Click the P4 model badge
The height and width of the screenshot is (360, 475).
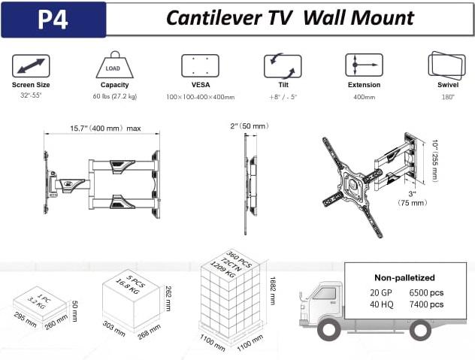pos(53,20)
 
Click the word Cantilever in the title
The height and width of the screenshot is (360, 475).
pos(214,18)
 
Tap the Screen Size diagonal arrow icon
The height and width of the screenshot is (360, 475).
pos(31,65)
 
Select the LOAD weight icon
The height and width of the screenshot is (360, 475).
pos(114,65)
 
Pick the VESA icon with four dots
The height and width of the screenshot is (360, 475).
pos(200,65)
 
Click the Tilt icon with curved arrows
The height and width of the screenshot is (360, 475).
pos(283,66)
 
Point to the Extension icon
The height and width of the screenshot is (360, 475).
pos(364,65)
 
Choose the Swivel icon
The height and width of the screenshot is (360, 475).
pos(447,65)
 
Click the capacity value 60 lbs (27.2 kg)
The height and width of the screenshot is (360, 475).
pos(115,96)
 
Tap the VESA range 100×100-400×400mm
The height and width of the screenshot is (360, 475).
pos(200,97)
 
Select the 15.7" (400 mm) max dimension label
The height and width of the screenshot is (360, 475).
pos(105,129)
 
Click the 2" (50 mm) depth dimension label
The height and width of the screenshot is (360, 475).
pos(250,126)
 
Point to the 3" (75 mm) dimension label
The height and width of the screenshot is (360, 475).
pos(413,198)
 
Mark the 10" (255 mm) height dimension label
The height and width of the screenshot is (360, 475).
pos(435,161)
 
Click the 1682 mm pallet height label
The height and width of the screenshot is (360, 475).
pos(272,291)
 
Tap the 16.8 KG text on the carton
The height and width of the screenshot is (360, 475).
pos(127,286)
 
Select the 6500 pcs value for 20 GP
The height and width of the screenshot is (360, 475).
pos(426,292)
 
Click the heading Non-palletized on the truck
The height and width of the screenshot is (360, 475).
pos(404,277)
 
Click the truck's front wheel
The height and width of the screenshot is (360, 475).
pos(329,330)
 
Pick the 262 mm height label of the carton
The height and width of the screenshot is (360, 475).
pos(168,298)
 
